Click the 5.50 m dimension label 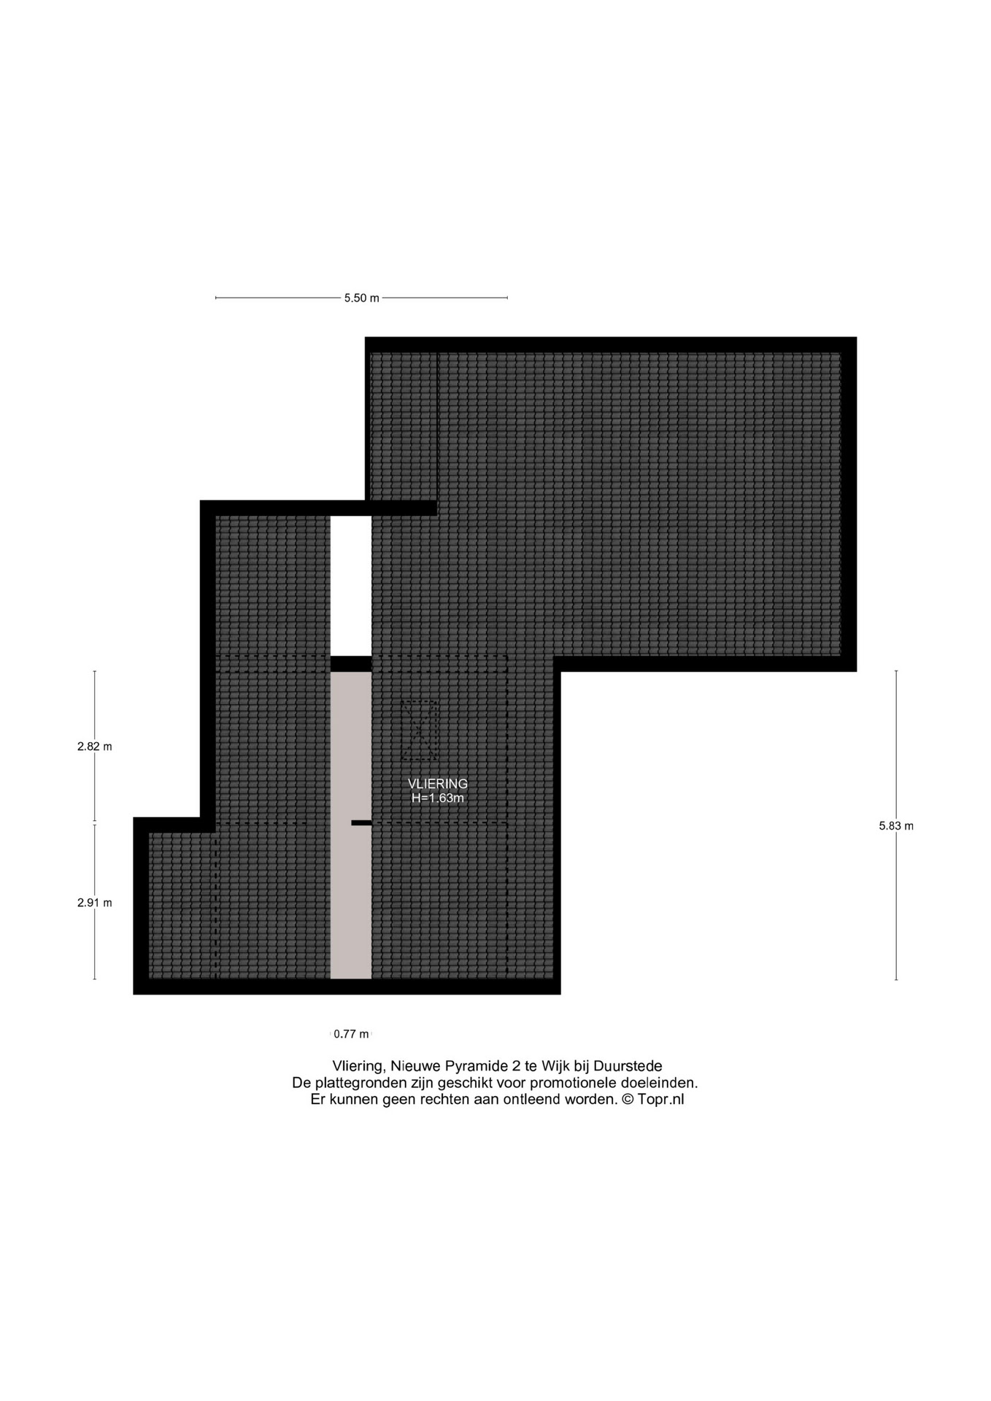[362, 298]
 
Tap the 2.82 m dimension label [95, 746]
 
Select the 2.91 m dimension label [95, 903]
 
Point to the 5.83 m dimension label [896, 826]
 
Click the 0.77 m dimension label [351, 1034]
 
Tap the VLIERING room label [438, 784]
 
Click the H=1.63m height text [438, 798]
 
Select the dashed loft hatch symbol [420, 730]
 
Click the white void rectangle [351, 586]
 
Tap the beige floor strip [351, 825]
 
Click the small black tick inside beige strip [361, 823]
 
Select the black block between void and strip [351, 664]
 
